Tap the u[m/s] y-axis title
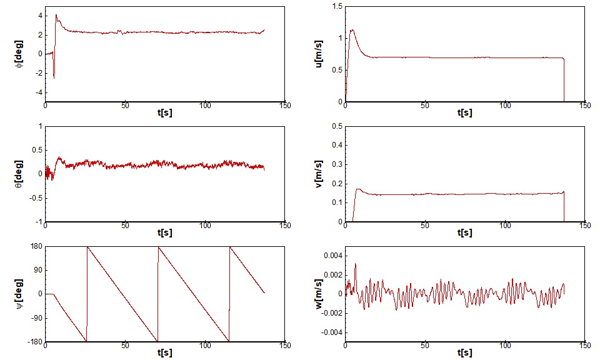coord(320,54)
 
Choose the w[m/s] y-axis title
coord(320,294)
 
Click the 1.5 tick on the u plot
coord(337,6)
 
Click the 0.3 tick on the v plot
coord(337,164)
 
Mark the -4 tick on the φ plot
coord(37,92)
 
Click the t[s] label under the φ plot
coord(165,112)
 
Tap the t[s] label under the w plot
coord(465,353)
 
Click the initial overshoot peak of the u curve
coord(352,29)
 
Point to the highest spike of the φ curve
coord(56,15)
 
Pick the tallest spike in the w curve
coord(356,264)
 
